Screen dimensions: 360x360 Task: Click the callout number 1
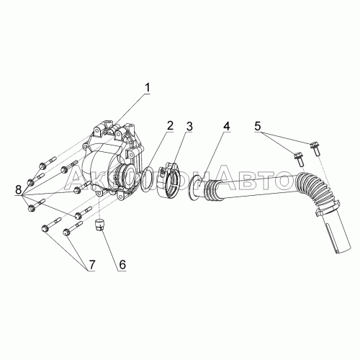click(147, 88)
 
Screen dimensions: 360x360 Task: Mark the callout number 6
click(121, 264)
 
